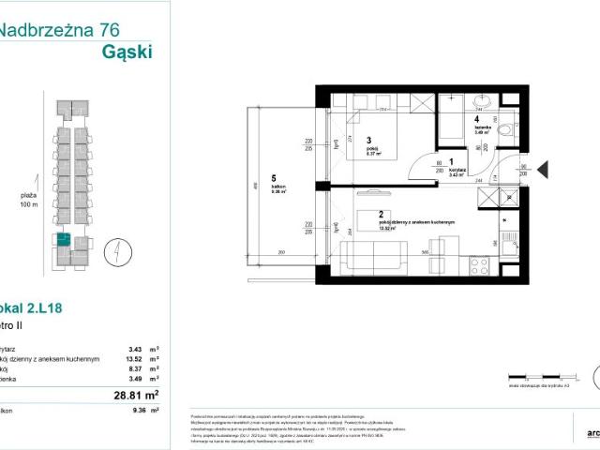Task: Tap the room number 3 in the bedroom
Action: point(343,142)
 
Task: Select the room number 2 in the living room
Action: point(354,214)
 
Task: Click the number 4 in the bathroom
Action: point(476,119)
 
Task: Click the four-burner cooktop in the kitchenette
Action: point(491,200)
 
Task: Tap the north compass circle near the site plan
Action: point(112,251)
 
